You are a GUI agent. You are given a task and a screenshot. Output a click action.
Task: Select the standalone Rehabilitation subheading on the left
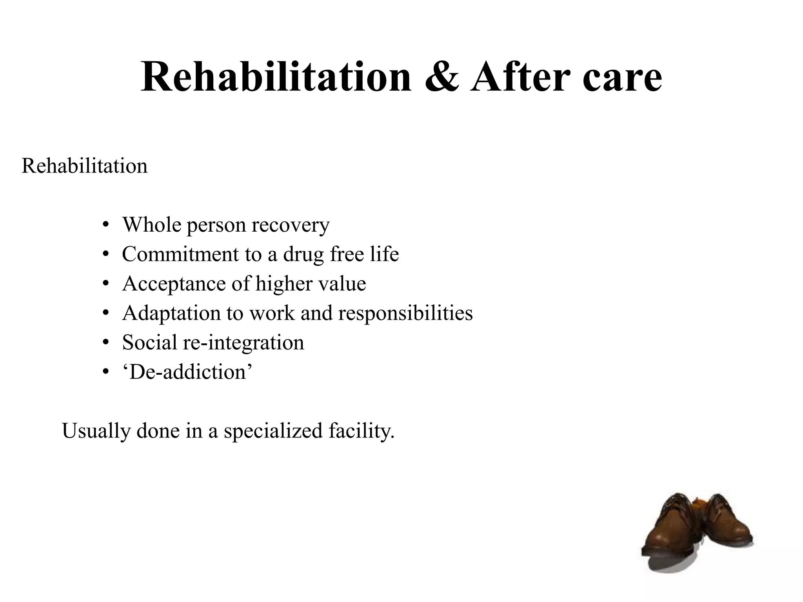[x=85, y=166]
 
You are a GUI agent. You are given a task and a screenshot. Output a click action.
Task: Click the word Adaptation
[x=171, y=314]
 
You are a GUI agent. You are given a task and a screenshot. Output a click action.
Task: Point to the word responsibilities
[x=405, y=314]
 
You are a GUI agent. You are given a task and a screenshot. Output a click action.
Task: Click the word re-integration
[x=243, y=343]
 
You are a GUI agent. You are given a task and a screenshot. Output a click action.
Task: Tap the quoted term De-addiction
[x=187, y=372]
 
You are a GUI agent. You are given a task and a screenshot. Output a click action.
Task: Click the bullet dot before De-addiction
[x=105, y=372]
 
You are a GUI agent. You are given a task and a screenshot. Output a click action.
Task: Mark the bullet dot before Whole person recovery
[x=105, y=225]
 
